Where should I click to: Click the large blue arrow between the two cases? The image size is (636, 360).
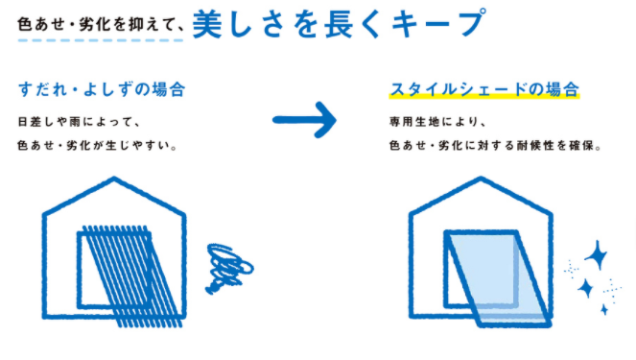tap(305, 119)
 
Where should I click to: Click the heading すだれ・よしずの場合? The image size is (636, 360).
tap(101, 90)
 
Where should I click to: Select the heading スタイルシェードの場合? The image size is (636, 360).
tap(484, 90)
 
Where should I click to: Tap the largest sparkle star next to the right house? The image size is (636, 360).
tap(596, 256)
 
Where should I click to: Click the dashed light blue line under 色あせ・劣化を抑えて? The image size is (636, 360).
tap(102, 39)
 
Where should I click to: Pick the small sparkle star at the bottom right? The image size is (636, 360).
tap(603, 309)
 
